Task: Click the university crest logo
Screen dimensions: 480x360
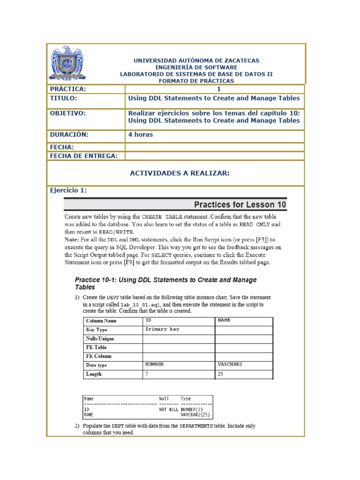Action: pyautogui.click(x=67, y=63)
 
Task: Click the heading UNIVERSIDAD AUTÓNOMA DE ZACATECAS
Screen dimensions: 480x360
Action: pyautogui.click(x=196, y=60)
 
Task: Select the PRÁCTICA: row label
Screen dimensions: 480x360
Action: pyautogui.click(x=68, y=89)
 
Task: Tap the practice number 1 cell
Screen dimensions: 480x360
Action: pyautogui.click(x=218, y=89)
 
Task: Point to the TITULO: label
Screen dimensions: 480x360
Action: pyautogui.click(x=63, y=98)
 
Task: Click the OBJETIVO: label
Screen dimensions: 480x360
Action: pyautogui.click(x=68, y=113)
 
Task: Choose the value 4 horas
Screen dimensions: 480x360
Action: pyautogui.click(x=141, y=135)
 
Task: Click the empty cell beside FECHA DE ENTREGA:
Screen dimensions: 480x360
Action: pyautogui.click(x=215, y=156)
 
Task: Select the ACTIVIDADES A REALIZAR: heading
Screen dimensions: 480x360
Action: pyautogui.click(x=180, y=173)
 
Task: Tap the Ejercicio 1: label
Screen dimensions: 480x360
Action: pyautogui.click(x=68, y=190)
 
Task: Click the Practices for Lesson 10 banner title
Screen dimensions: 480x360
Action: pyautogui.click(x=240, y=205)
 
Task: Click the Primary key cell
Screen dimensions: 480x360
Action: pyautogui.click(x=162, y=330)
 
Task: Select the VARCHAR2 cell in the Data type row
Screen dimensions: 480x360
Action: pyautogui.click(x=230, y=364)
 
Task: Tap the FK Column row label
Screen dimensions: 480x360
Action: pyautogui.click(x=98, y=356)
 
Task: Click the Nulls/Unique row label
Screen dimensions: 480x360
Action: pyautogui.click(x=100, y=338)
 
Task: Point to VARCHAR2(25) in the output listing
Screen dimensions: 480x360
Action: pyautogui.click(x=196, y=415)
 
